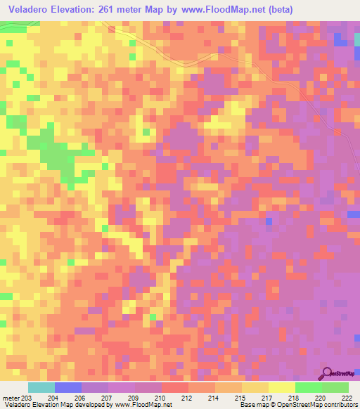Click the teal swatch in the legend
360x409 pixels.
[x=41, y=387]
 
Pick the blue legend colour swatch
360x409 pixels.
[x=67, y=387]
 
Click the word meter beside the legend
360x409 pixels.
[x=8, y=397]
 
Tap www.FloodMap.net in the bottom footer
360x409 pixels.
[x=145, y=405]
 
